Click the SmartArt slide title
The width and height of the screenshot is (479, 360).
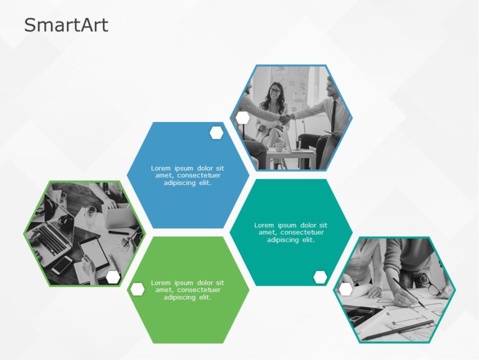tap(66, 25)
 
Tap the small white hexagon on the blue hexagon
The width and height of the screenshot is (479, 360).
tap(216, 133)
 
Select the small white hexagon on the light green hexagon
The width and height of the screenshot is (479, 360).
tap(137, 289)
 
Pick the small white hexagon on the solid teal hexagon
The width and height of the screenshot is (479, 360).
tap(320, 277)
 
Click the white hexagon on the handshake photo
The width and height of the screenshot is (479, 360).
tap(243, 118)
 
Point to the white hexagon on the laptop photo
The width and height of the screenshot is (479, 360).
tap(113, 277)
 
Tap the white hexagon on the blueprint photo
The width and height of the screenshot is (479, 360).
tap(346, 289)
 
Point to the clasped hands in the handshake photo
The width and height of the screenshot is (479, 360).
tap(286, 119)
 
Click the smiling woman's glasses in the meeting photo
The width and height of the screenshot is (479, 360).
tap(275, 90)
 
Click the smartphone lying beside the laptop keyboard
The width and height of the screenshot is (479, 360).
tap(61, 264)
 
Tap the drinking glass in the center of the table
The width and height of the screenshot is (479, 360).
tap(90, 215)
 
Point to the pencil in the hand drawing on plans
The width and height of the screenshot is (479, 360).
tap(408, 292)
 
